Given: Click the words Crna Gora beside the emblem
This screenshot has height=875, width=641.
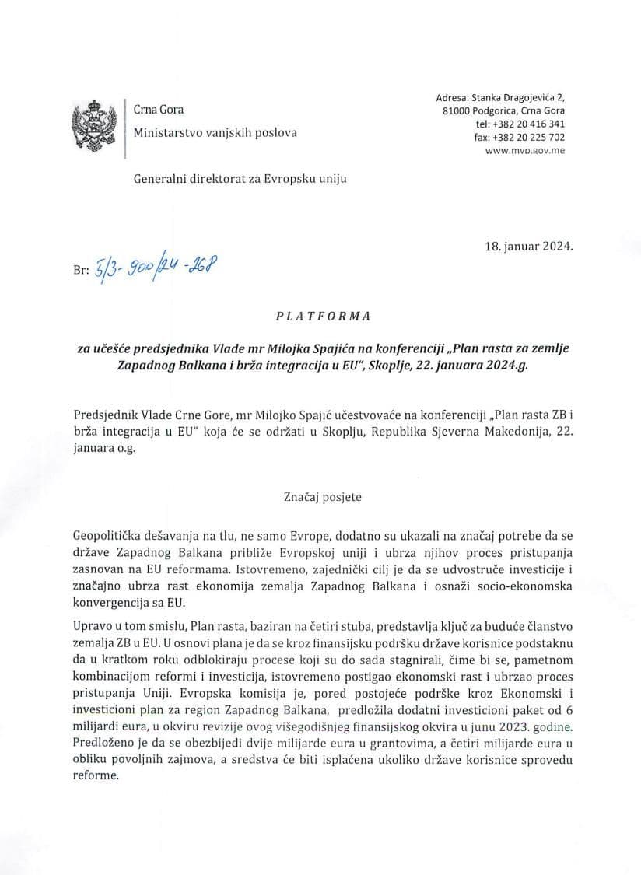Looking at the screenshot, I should coord(159,110).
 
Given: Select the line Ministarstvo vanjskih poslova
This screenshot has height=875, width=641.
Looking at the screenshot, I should coord(215,132).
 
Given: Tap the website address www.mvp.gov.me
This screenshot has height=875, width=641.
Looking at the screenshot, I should coord(525,150).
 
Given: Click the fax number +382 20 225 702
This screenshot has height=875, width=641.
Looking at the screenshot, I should coord(532,137).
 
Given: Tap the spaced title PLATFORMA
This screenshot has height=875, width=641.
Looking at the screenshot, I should coord(323,317).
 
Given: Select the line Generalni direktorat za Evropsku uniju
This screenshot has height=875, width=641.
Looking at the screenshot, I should coord(240,178).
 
